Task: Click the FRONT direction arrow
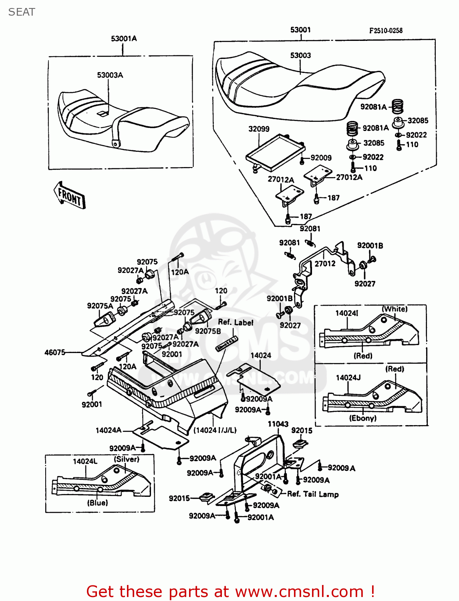click(70, 196)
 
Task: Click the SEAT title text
click(22, 12)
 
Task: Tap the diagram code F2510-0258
click(385, 30)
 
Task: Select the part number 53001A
click(124, 38)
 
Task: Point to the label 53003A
click(110, 75)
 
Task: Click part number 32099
click(259, 129)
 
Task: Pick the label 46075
click(55, 352)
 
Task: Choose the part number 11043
click(278, 424)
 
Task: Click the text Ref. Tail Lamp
click(313, 494)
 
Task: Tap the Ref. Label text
click(236, 322)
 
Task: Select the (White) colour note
click(395, 309)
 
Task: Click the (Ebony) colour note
click(362, 418)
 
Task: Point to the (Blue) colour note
click(97, 502)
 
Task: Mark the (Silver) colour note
click(127, 459)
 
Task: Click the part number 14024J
click(348, 377)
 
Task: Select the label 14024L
click(85, 461)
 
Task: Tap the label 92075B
click(208, 331)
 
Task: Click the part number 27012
click(325, 263)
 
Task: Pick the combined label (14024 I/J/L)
click(215, 430)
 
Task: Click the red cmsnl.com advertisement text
click(230, 591)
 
